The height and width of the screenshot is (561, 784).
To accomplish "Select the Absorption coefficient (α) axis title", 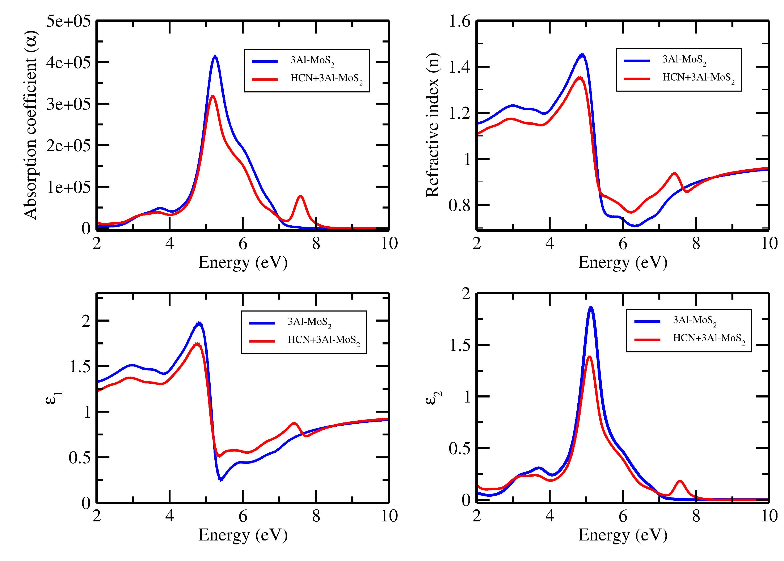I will click(30, 125).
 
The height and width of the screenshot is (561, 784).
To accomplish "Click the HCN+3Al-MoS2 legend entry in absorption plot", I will click(326, 79).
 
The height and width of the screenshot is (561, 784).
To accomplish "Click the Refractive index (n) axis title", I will click(433, 125).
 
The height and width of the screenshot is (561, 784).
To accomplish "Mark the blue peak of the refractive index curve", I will click(582, 55).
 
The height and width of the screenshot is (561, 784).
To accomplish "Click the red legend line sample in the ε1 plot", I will click(262, 341).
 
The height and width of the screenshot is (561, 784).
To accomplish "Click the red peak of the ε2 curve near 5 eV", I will click(589, 357).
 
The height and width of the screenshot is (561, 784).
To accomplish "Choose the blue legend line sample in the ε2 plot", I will click(647, 321).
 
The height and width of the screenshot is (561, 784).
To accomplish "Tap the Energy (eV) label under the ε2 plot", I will click(623, 535).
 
